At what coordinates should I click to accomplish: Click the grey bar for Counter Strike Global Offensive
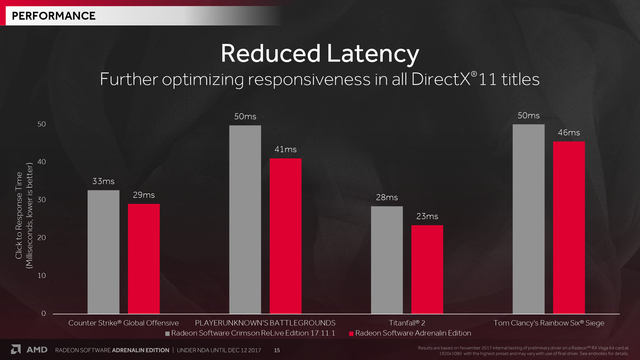[103, 252]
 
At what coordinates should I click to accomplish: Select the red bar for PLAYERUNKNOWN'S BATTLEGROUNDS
[285, 236]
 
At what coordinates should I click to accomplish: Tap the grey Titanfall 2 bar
[387, 260]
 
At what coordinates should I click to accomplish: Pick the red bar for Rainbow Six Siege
[569, 227]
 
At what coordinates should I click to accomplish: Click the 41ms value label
[285, 150]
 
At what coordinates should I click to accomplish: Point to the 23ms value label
[427, 216]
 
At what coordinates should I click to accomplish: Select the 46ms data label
[569, 133]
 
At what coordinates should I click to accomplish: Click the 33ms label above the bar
[103, 181]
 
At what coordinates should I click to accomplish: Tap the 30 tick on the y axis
[42, 199]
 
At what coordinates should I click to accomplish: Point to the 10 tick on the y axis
[42, 275]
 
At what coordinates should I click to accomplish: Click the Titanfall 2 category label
[407, 323]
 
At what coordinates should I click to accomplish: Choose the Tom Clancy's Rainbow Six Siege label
[549, 323]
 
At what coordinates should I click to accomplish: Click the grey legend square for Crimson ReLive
[167, 334]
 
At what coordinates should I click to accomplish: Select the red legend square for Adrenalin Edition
[351, 334]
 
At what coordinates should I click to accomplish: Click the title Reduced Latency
[320, 54]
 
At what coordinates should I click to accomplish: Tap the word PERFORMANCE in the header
[54, 16]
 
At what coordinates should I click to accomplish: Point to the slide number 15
[277, 350]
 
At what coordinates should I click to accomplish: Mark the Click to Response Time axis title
[19, 215]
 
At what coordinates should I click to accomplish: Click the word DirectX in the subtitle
[441, 80]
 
